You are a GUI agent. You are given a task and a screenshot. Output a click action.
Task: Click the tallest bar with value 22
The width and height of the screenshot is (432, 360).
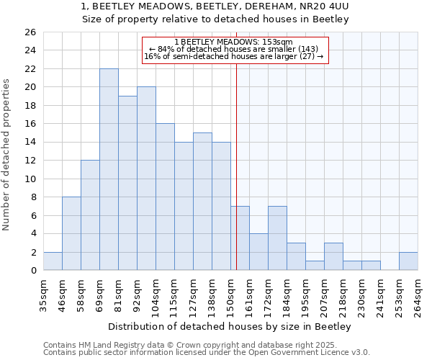109,169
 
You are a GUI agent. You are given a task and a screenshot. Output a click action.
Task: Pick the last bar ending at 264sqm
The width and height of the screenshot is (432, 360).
408,261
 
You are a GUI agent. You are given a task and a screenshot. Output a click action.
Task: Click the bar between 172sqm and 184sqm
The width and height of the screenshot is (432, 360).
277,238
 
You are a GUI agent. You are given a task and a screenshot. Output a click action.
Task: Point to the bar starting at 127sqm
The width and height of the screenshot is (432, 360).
202,202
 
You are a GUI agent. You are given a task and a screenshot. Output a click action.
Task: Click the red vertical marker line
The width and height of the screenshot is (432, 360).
236,180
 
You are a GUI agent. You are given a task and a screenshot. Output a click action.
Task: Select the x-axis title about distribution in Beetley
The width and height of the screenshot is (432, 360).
230,327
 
